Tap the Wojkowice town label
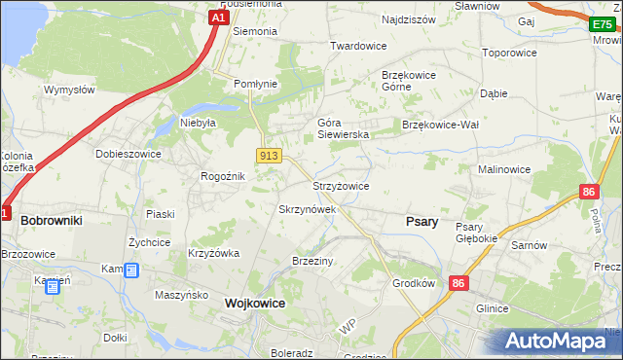point(255,304)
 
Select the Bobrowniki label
point(51,221)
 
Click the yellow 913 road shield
point(269,156)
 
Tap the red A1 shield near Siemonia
point(220,18)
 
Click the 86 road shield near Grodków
point(458,282)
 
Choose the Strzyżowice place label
point(340,186)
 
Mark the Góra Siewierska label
point(343,128)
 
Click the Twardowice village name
point(358,46)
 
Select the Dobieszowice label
point(127,154)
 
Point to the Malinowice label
point(503,169)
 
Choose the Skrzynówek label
point(307,209)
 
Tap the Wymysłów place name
point(68,90)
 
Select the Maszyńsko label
point(182,294)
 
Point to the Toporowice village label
point(510,52)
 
